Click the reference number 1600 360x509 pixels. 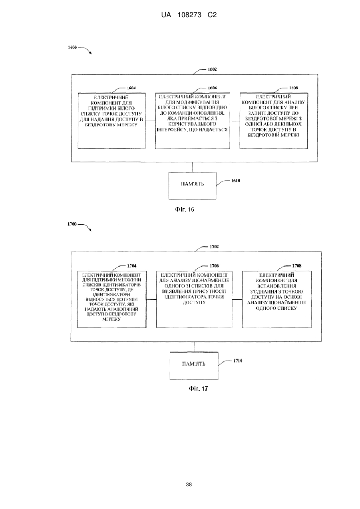(72, 48)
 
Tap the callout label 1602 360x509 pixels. (213, 69)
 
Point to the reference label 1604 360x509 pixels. (131, 88)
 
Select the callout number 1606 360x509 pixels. (213, 88)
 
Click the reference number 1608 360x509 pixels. (293, 88)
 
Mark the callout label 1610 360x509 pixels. (235, 181)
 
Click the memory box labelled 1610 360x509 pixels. (192, 186)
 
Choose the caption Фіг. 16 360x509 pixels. (185, 209)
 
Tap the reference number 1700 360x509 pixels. (72, 224)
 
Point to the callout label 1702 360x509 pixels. (214, 247)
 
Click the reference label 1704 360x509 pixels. (132, 266)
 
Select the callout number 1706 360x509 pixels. (214, 266)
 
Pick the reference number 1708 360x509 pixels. (296, 266)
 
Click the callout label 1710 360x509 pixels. (238, 361)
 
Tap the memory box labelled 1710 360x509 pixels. (194, 366)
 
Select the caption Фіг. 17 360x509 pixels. (198, 389)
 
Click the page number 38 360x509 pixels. (189, 485)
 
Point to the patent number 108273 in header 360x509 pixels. (189, 15)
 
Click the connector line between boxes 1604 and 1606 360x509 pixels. (150, 121)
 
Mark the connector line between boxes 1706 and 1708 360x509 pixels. (237, 299)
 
